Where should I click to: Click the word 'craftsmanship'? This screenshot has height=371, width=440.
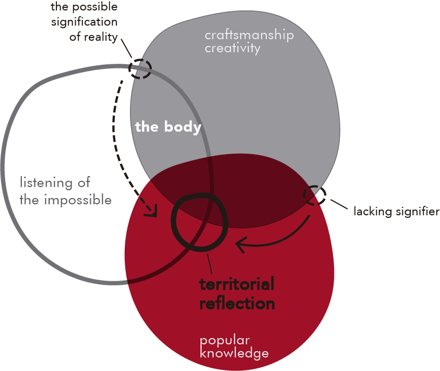point(249,36)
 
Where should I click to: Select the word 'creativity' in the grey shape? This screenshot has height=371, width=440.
point(232,49)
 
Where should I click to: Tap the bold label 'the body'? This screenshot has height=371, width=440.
point(168,127)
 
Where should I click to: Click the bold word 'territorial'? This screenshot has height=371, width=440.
point(236,285)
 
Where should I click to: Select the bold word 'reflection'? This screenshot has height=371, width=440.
point(237,303)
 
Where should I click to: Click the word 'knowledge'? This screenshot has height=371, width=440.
point(234,353)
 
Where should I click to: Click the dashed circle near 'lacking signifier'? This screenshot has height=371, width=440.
point(315,196)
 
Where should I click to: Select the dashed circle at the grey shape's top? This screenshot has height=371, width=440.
point(140,68)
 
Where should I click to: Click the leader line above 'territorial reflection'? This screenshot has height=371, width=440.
point(210,264)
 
